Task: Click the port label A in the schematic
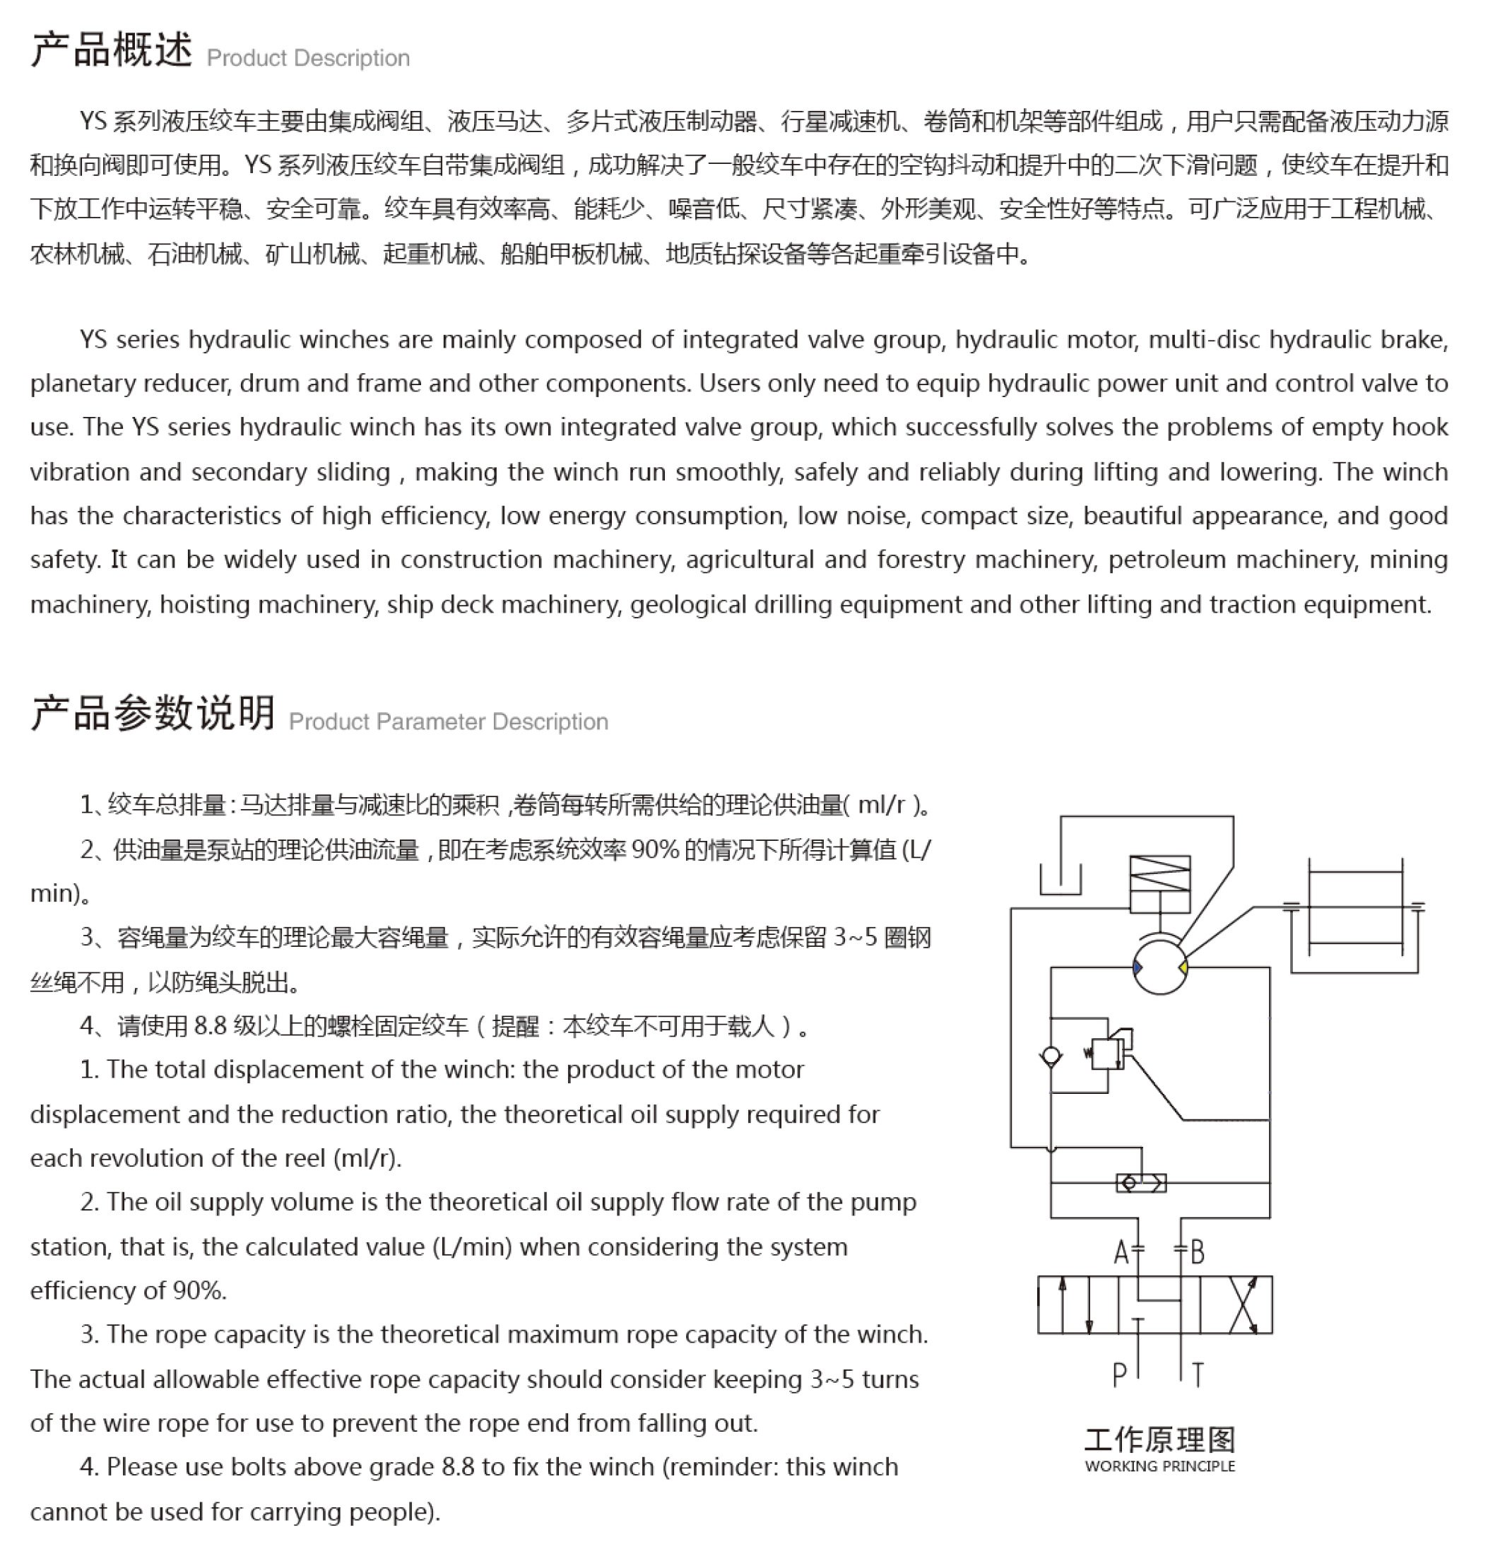[1121, 1254]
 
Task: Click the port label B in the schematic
[1197, 1254]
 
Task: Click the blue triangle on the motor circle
[1137, 967]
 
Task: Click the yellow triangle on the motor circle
[1183, 967]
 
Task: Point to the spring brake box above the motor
[1159, 884]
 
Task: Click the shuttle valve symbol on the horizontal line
[1140, 1184]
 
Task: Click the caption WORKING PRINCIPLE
[1159, 1466]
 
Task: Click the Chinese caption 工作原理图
[1159, 1440]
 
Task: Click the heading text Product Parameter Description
[449, 721]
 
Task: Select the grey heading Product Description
[308, 58]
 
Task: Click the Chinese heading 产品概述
[112, 50]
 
